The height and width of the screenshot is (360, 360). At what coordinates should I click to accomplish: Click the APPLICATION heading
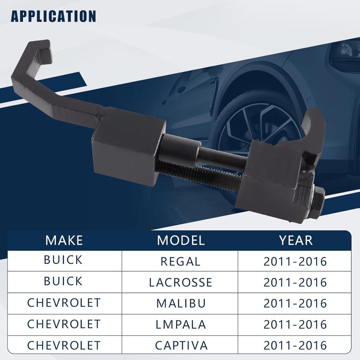53,16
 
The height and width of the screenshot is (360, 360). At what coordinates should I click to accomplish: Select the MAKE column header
64,240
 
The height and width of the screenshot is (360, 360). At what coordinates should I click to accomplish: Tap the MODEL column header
181,240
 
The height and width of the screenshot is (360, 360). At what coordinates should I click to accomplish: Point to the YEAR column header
296,240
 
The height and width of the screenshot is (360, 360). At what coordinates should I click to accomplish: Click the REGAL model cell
180,262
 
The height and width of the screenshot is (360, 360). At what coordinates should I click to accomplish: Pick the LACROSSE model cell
180,282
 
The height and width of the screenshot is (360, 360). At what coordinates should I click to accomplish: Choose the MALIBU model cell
181,303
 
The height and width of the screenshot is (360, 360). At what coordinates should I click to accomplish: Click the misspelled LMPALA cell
181,324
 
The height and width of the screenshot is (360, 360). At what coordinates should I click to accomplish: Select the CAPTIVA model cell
181,346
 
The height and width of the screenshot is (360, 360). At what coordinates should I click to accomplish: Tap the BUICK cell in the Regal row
63,260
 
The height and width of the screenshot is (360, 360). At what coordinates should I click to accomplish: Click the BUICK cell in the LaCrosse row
63,281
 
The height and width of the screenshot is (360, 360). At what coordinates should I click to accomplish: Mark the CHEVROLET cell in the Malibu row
64,303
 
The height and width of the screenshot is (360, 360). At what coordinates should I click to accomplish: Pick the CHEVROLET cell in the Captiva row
64,345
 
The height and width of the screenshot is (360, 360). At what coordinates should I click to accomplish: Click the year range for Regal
295,262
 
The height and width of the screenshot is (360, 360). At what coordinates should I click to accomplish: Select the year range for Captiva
295,346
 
